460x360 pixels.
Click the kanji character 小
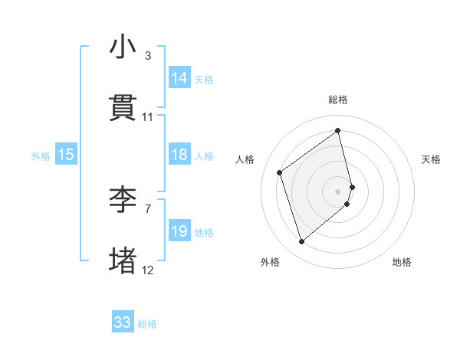click(x=123, y=47)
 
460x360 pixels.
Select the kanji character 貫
click(x=123, y=108)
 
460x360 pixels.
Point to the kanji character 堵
click(x=123, y=260)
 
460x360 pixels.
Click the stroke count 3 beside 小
click(x=148, y=56)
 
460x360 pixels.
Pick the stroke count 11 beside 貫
click(x=148, y=117)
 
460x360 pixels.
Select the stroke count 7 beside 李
click(x=148, y=208)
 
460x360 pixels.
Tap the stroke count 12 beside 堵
click(x=148, y=270)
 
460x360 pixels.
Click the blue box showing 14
click(x=179, y=78)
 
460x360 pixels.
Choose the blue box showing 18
click(x=179, y=155)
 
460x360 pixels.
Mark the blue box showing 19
click(x=179, y=231)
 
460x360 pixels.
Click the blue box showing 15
click(x=66, y=155)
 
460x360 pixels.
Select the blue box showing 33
click(x=123, y=322)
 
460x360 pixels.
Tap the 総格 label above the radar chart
click(x=338, y=100)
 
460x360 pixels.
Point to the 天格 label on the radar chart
click(x=432, y=159)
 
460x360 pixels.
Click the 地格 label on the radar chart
click(x=402, y=262)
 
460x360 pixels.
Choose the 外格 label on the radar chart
click(x=270, y=262)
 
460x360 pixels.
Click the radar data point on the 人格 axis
click(x=280, y=172)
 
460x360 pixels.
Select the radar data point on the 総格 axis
click(x=338, y=130)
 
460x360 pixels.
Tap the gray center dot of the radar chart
click(x=338, y=191)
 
